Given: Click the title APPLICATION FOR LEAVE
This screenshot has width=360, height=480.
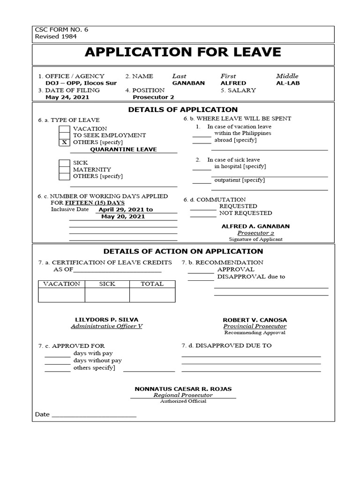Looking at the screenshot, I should pyautogui.click(x=183, y=52).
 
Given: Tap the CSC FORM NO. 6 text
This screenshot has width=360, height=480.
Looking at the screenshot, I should pyautogui.click(x=61, y=30).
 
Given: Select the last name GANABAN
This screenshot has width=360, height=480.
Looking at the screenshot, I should pyautogui.click(x=188, y=83).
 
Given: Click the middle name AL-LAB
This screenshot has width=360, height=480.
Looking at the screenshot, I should pyautogui.click(x=288, y=83).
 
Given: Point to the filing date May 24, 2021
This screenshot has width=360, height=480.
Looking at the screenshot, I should pyautogui.click(x=67, y=97).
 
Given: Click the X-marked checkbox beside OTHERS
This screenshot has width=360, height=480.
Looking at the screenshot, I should pyautogui.click(x=64, y=142).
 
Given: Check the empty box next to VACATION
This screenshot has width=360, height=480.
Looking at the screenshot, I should pyautogui.click(x=64, y=129).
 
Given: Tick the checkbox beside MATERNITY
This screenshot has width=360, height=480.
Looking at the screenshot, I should pyautogui.click(x=64, y=170).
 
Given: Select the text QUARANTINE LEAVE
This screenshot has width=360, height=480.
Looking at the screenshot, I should pyautogui.click(x=123, y=150).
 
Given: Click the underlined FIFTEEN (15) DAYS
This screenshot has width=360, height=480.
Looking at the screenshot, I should pyautogui.click(x=95, y=202).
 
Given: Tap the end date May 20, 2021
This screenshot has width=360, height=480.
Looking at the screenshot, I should pyautogui.click(x=123, y=217).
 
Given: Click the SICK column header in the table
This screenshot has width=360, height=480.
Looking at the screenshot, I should pyautogui.click(x=107, y=284).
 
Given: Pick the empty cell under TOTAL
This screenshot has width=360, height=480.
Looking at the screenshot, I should pyautogui.click(x=152, y=295).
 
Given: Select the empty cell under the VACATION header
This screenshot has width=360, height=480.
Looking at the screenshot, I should pyautogui.click(x=61, y=295).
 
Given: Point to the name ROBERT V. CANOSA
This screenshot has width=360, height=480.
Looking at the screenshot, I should pyautogui.click(x=255, y=320).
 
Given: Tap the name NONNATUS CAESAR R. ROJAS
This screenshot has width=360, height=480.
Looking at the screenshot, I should pyautogui.click(x=183, y=389).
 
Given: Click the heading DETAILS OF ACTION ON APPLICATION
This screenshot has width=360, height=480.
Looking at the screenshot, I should pyautogui.click(x=183, y=252).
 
